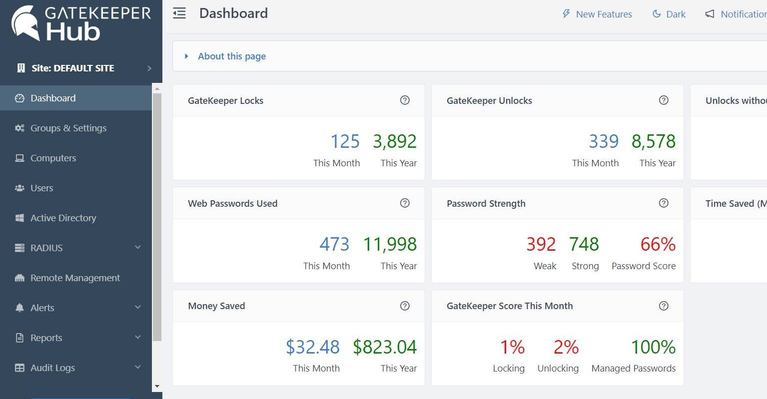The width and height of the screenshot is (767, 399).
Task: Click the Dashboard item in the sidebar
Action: [53, 98]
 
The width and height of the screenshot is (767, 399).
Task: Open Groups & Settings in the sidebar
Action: [68, 128]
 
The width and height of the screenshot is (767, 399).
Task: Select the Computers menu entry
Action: [53, 158]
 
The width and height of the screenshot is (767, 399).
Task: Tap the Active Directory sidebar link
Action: [63, 218]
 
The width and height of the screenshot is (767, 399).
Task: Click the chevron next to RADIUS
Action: [138, 248]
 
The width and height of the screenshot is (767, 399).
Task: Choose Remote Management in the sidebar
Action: [75, 278]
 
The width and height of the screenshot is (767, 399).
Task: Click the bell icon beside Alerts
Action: [19, 308]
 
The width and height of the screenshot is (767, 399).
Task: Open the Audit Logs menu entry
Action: [52, 368]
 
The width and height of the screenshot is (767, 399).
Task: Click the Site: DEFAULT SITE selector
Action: [73, 68]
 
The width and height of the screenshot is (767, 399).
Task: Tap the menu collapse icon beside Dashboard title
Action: [179, 13]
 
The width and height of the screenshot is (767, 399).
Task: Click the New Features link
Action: [604, 14]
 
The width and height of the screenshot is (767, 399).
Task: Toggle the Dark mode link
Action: [676, 14]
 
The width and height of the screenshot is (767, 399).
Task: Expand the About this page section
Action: [231, 56]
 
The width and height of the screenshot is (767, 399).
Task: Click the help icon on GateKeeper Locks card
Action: [405, 100]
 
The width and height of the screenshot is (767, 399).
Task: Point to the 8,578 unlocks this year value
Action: [653, 142]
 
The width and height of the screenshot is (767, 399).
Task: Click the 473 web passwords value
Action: [334, 245]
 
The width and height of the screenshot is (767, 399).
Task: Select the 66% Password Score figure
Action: [658, 245]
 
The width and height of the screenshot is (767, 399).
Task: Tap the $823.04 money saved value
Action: [384, 347]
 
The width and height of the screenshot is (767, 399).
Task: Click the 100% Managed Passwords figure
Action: [653, 347]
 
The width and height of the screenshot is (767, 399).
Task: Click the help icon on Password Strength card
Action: [664, 203]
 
